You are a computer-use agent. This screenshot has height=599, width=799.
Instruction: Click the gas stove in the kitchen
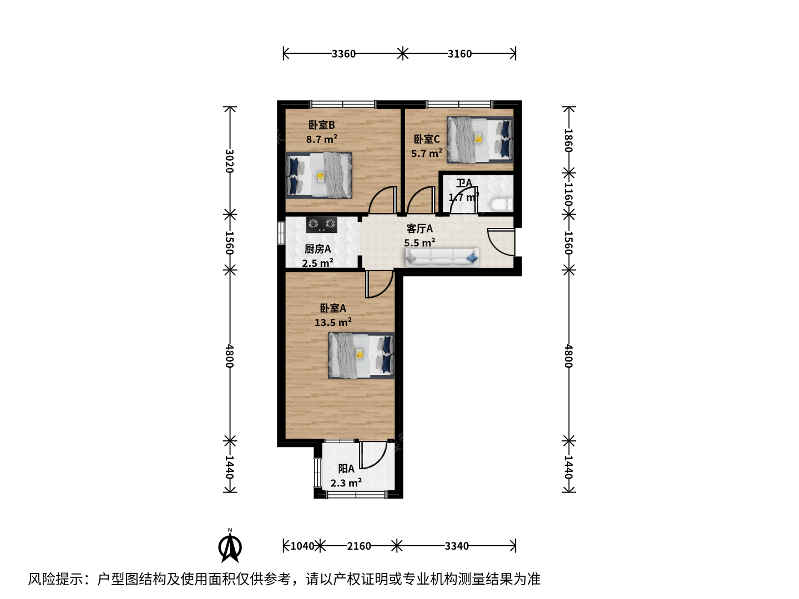click(321, 225)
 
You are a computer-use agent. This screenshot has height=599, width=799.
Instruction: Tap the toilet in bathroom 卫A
click(501, 205)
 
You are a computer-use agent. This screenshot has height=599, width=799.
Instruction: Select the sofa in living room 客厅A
click(442, 257)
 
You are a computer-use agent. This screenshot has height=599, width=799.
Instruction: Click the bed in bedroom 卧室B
click(319, 175)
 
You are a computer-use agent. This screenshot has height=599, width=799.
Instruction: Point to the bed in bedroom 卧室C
click(480, 139)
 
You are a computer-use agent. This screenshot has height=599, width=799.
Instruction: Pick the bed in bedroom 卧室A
click(361, 356)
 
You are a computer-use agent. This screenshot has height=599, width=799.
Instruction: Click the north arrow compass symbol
click(230, 546)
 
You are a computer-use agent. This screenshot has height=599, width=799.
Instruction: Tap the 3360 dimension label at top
click(343, 54)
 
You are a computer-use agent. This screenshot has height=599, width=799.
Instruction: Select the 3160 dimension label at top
click(459, 54)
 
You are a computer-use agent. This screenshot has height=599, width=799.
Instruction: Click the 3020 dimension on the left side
click(229, 161)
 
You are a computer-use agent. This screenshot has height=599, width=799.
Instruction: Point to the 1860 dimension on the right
click(569, 140)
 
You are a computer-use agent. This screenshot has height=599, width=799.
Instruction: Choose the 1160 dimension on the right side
click(569, 194)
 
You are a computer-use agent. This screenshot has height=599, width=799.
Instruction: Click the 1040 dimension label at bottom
click(302, 546)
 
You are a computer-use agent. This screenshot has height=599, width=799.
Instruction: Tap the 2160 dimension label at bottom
click(358, 546)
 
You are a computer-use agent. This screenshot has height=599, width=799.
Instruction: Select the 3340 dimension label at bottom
click(457, 546)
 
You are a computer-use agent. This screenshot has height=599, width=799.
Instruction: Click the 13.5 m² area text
click(333, 322)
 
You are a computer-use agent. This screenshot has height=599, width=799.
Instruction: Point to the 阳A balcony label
click(346, 469)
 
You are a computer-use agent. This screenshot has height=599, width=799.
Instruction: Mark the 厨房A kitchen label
click(317, 249)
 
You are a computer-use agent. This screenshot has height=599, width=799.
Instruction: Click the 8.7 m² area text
click(321, 139)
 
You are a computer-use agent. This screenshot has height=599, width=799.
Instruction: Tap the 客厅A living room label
click(419, 229)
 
